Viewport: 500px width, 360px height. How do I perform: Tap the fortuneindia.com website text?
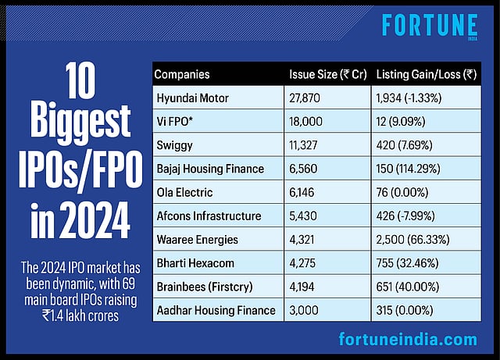[x=407, y=340]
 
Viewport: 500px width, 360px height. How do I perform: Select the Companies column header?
[x=182, y=75]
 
